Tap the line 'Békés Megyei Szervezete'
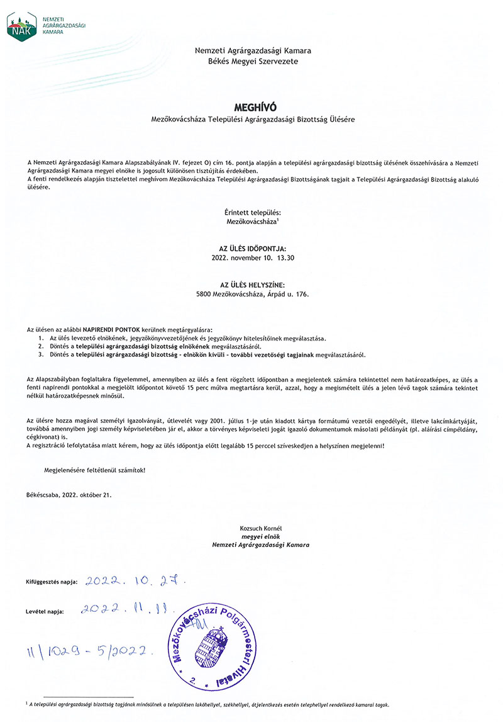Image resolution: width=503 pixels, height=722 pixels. pos(253,62)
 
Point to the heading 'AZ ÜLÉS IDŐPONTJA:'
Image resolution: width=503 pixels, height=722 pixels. pos(253,249)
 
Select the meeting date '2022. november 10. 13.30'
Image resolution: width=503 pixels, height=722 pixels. pos(253,258)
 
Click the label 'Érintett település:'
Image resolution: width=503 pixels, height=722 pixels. pos(253,213)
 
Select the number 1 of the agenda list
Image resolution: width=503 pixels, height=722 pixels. pos(41,338)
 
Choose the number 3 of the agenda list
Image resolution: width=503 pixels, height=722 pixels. pos(41,355)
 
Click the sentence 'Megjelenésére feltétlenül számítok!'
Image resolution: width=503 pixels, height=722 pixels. pos(94,470)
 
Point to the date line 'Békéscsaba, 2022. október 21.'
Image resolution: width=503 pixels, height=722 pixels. pos(69,495)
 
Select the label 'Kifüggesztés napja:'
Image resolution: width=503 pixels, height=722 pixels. pos(52,582)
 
